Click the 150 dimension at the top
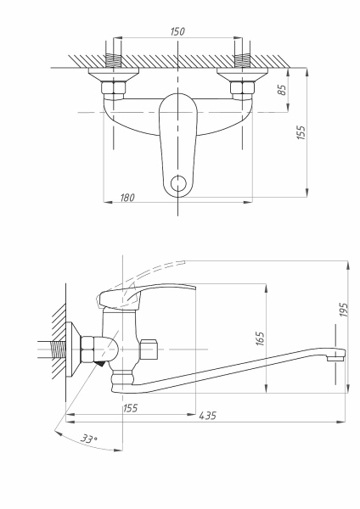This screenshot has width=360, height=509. (x=177, y=31)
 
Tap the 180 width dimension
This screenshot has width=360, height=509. (x=127, y=197)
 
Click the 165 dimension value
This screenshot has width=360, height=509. (x=261, y=339)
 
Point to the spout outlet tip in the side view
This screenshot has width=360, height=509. (x=338, y=355)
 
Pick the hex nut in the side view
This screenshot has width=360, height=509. (x=88, y=350)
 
